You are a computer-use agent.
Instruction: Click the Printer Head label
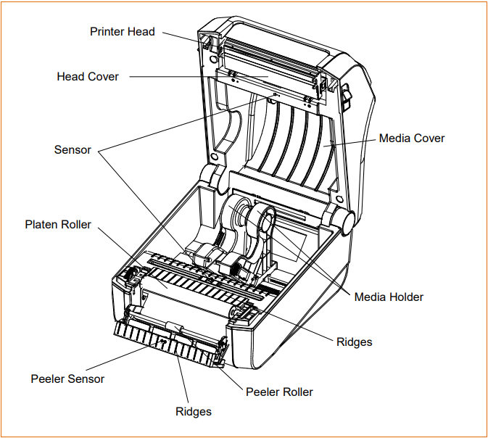click(x=122, y=32)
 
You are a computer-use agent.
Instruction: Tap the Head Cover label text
click(x=88, y=77)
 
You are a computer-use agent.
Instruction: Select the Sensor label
click(x=73, y=150)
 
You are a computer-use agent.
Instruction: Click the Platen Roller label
click(x=58, y=225)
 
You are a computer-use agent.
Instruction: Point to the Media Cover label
click(x=412, y=138)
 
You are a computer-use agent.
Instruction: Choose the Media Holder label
click(x=389, y=297)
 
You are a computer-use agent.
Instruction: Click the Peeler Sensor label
click(x=67, y=379)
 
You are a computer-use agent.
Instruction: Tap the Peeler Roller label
click(x=279, y=392)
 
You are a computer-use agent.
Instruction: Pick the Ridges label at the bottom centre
click(x=194, y=412)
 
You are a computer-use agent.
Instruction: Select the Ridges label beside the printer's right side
click(x=355, y=341)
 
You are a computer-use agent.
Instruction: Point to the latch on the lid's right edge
click(x=345, y=94)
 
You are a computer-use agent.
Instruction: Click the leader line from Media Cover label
click(x=352, y=143)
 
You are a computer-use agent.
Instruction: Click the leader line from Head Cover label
click(x=189, y=76)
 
